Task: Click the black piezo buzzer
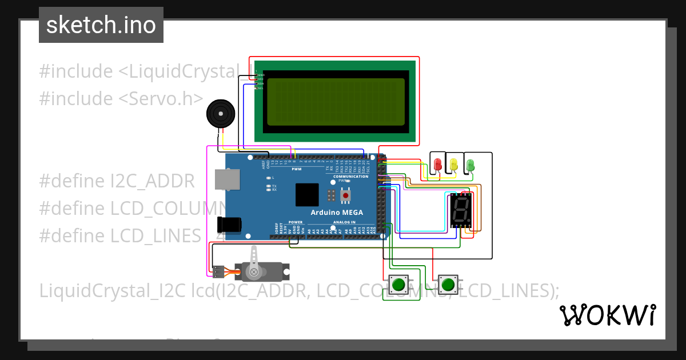tap(220, 114)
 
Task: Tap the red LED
tap(438, 165)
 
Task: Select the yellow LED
tap(454, 165)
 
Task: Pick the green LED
tap(470, 165)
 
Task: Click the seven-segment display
tap(461, 210)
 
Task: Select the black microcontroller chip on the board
tap(307, 195)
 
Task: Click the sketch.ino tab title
tap(101, 25)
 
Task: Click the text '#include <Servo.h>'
tap(121, 98)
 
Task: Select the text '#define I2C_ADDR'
tap(117, 181)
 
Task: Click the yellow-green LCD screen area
tap(336, 102)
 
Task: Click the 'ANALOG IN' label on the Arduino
tap(345, 222)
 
